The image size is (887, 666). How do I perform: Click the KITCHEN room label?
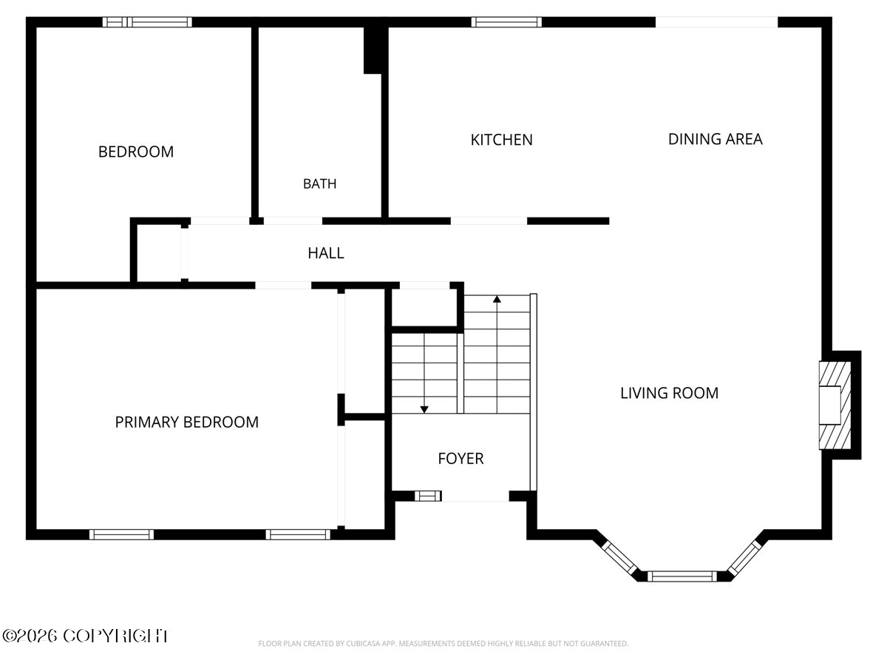click(501, 140)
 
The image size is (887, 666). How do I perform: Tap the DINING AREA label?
click(716, 139)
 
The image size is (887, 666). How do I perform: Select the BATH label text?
click(319, 184)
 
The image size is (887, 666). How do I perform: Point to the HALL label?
click(326, 253)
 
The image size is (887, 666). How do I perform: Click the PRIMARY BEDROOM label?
click(187, 422)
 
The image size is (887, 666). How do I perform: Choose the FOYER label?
click(461, 459)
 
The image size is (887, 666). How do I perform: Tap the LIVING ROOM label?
click(669, 393)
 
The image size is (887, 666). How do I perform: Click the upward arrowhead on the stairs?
click(497, 299)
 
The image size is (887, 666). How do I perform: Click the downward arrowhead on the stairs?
click(424, 410)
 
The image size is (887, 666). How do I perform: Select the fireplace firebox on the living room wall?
click(830, 406)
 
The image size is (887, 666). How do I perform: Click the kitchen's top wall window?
click(506, 22)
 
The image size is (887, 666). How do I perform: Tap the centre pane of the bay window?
click(682, 576)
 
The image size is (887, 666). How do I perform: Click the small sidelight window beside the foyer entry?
click(428, 496)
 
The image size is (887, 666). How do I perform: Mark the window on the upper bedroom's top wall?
click(147, 22)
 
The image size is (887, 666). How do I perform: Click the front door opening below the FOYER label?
click(475, 496)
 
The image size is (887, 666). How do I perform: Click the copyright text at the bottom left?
click(86, 636)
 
